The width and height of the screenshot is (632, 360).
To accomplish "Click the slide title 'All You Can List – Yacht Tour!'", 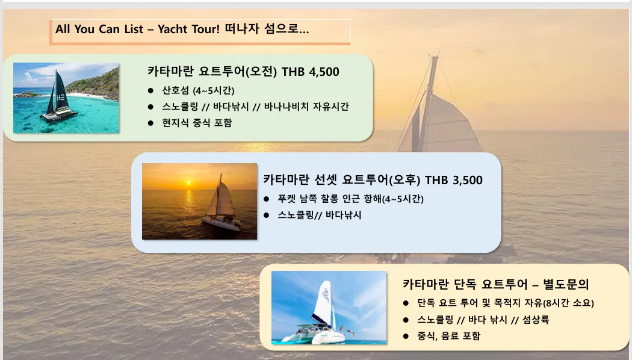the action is (137, 29).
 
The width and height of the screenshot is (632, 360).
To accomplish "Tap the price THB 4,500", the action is (311, 72).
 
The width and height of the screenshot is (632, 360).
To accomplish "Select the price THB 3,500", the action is (453, 180).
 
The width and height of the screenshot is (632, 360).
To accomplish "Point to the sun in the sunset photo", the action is (188, 183).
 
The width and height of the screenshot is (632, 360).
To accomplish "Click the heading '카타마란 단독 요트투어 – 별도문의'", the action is (496, 284).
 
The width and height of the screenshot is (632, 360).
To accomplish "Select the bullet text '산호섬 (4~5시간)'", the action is (198, 90).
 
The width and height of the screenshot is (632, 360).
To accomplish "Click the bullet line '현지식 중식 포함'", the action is (197, 123).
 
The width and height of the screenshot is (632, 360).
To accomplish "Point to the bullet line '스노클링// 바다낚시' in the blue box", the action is (319, 215).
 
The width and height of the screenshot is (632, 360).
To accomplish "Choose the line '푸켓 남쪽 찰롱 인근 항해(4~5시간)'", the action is (351, 199).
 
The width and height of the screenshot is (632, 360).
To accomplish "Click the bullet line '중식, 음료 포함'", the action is (448, 336).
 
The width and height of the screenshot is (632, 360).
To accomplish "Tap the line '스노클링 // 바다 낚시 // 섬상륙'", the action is (483, 320).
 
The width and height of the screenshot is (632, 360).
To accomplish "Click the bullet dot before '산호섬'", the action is (150, 91).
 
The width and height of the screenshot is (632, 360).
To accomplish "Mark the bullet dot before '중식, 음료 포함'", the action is (406, 336).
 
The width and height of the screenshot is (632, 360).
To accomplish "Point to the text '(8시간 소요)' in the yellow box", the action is (568, 303).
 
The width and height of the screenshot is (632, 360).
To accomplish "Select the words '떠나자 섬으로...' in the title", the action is (267, 29).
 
